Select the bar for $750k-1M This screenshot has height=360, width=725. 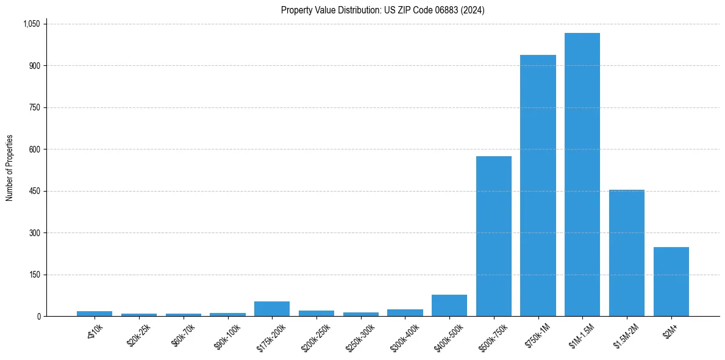click(x=538, y=185)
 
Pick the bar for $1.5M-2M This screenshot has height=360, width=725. click(x=626, y=253)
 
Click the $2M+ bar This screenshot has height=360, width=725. click(x=671, y=281)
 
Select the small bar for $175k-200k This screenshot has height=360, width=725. click(x=271, y=309)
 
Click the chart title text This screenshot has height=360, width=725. click(x=382, y=10)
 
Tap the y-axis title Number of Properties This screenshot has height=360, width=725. click(x=10, y=168)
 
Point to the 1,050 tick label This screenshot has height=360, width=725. click(x=31, y=24)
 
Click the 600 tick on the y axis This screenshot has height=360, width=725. click(x=34, y=149)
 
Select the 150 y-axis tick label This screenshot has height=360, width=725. click(x=34, y=275)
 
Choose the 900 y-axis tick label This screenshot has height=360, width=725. click(x=34, y=66)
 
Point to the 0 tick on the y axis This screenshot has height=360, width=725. click(x=38, y=317)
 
